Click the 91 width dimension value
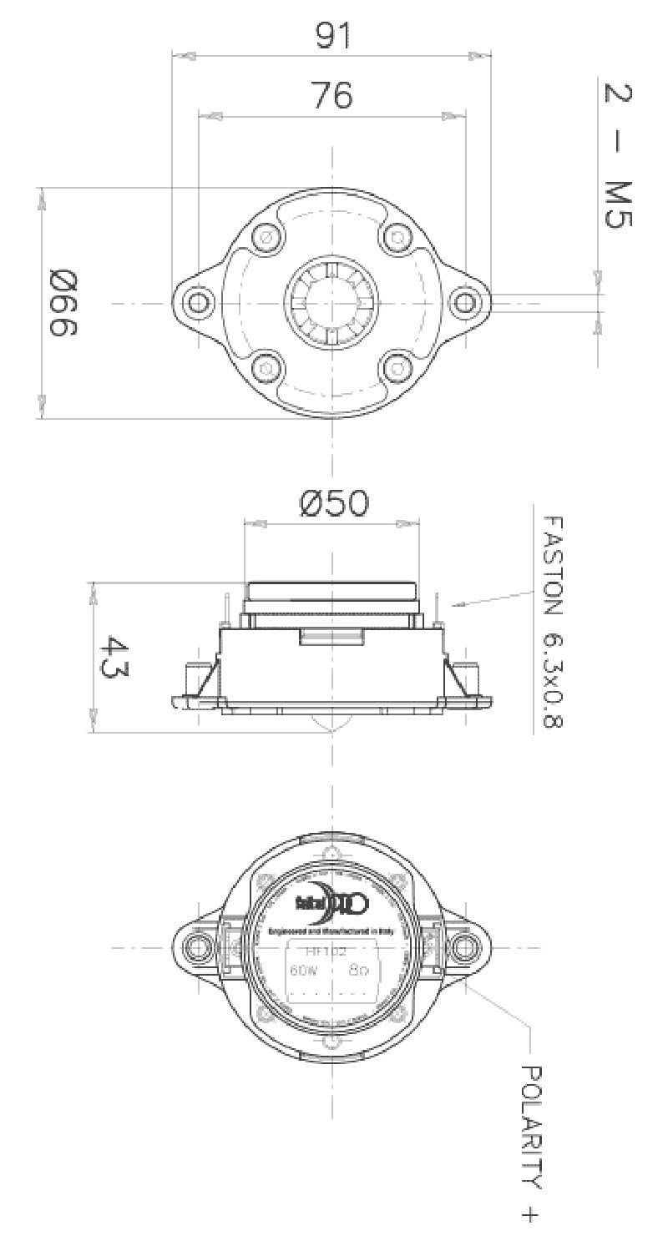[x=332, y=36]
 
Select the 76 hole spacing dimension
[x=332, y=96]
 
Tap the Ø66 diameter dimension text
[x=63, y=302]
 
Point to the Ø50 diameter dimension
[x=332, y=503]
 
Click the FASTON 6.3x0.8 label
[x=552, y=622]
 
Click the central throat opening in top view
[x=331, y=301]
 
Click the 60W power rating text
[x=299, y=971]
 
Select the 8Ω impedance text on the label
[x=360, y=971]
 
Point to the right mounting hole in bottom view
[x=464, y=946]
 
